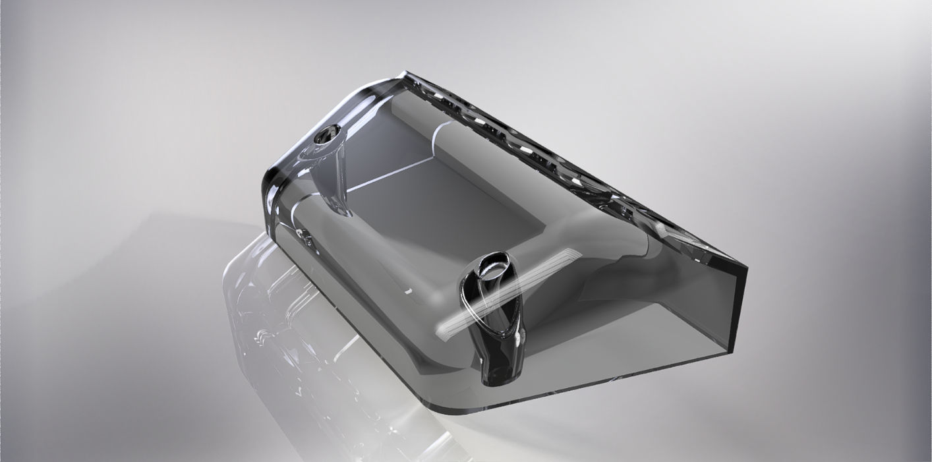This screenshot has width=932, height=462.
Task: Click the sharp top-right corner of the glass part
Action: [x=746, y=268]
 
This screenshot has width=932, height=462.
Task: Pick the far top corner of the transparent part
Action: [x=403, y=74]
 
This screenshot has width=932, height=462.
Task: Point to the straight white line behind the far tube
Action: [x=389, y=174]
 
